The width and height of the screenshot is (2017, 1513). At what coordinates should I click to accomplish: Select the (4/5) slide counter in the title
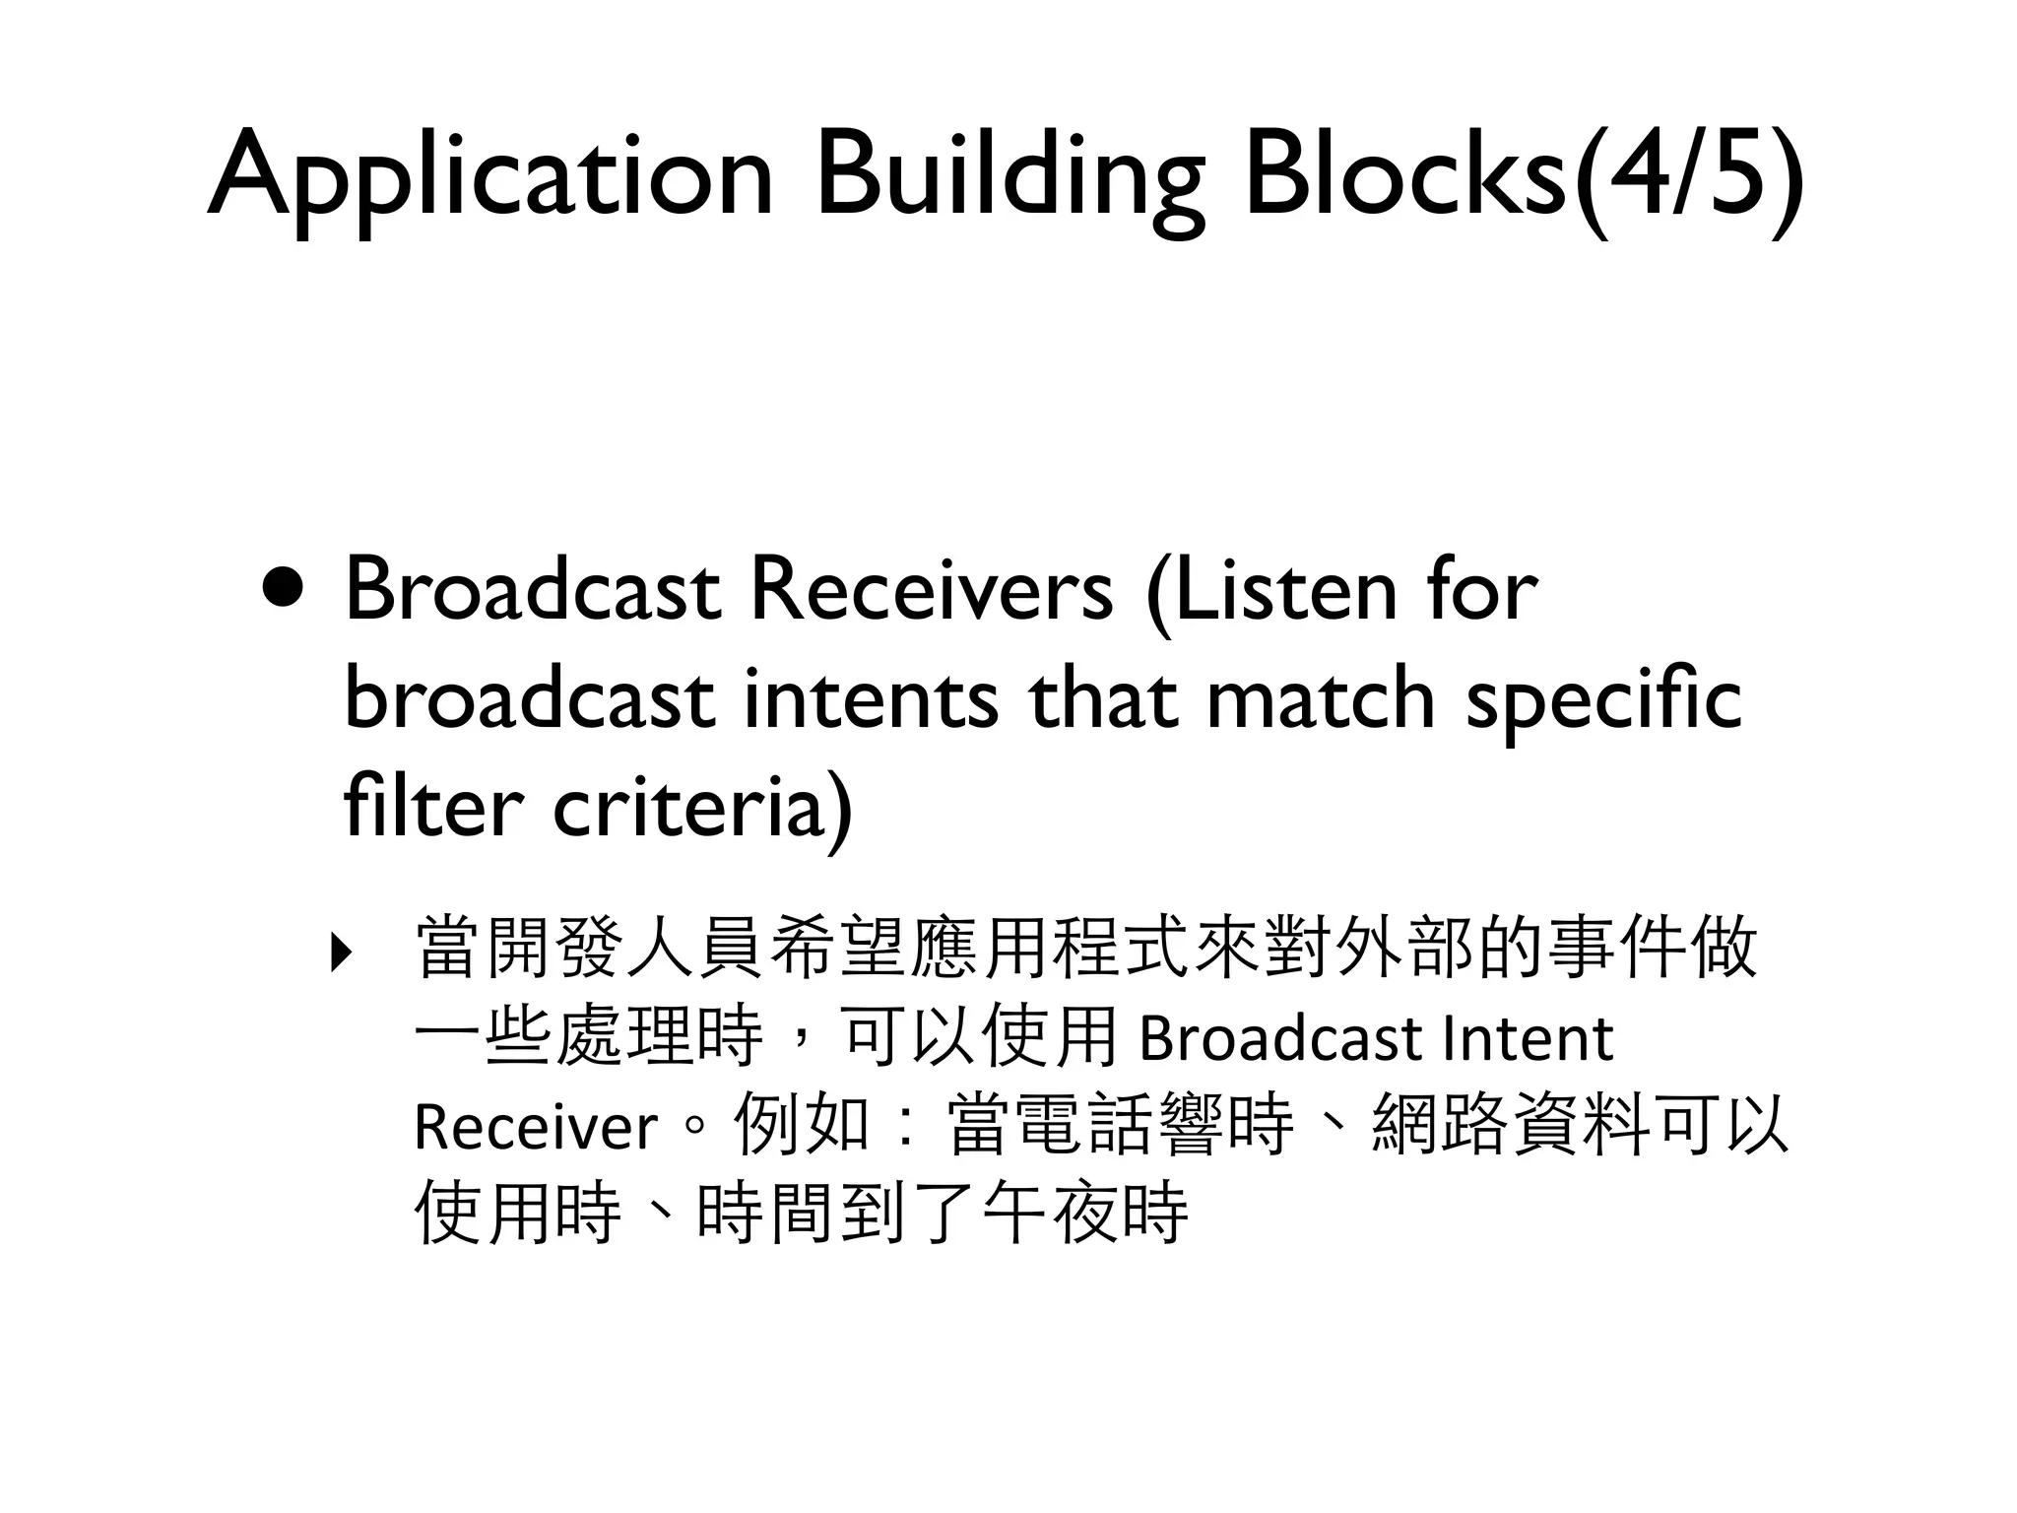[x=1688, y=177]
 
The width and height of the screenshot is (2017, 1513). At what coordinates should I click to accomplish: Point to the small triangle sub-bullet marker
[x=340, y=953]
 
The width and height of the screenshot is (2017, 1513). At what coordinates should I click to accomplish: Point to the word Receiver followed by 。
[x=535, y=1127]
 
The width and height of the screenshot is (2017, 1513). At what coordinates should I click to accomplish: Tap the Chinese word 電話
[x=1085, y=1125]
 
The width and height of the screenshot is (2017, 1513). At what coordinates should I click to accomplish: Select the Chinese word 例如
[x=802, y=1125]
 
